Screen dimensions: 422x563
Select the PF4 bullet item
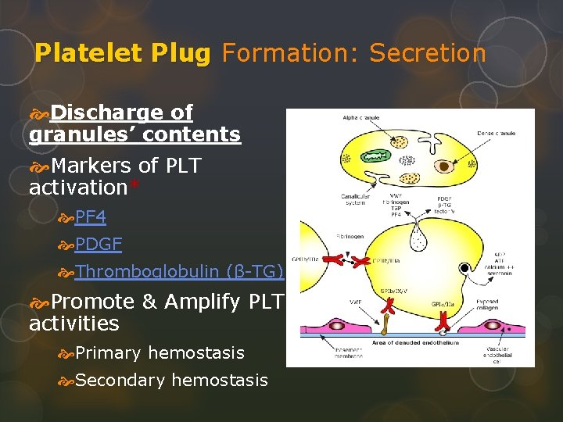[90, 216]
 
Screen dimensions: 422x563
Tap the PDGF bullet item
[99, 244]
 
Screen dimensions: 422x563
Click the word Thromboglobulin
[148, 271]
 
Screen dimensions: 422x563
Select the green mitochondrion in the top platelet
[374, 156]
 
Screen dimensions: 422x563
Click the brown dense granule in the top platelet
[444, 166]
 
